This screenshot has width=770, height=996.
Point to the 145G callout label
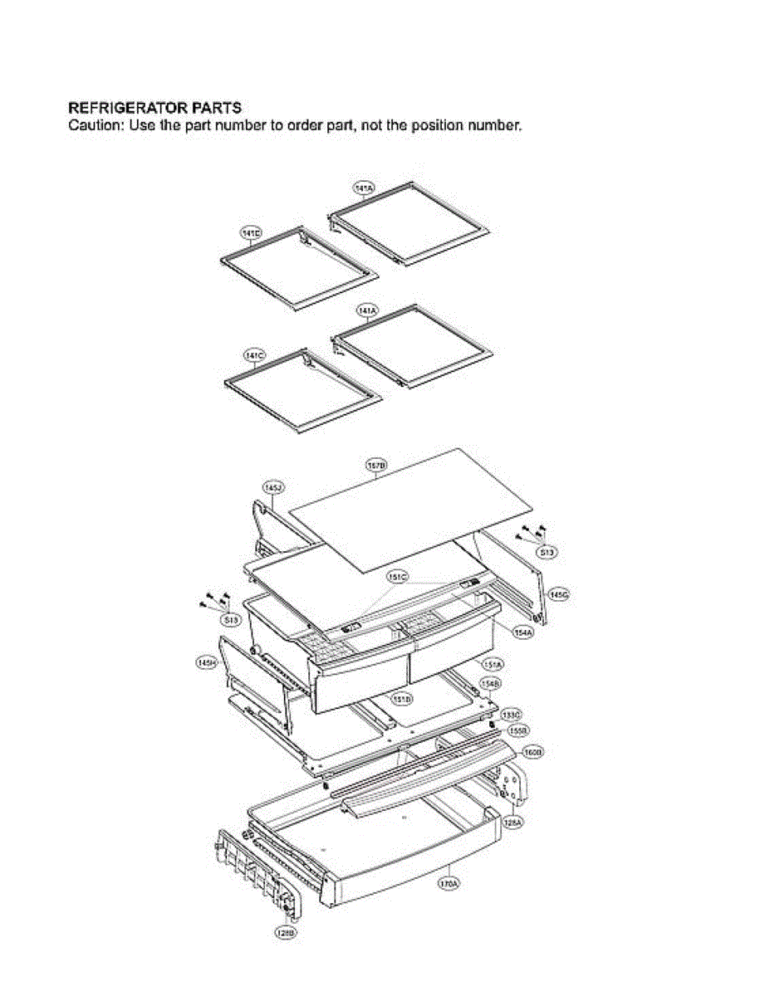coord(559,596)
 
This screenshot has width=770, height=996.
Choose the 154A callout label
coord(523,632)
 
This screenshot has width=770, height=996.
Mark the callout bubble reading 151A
coord(493,665)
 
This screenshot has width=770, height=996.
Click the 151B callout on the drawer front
coord(402,700)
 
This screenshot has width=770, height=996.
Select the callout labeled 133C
coord(512,714)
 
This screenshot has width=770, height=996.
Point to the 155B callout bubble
coord(518,730)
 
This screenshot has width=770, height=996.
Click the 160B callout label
coord(532,752)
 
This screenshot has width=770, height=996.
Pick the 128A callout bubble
coord(513,822)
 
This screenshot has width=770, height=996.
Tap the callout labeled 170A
coord(448,885)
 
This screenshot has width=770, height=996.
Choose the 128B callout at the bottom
coord(285,933)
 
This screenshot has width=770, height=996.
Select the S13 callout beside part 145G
coord(546,551)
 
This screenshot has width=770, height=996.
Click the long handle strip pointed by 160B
coord(432,776)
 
